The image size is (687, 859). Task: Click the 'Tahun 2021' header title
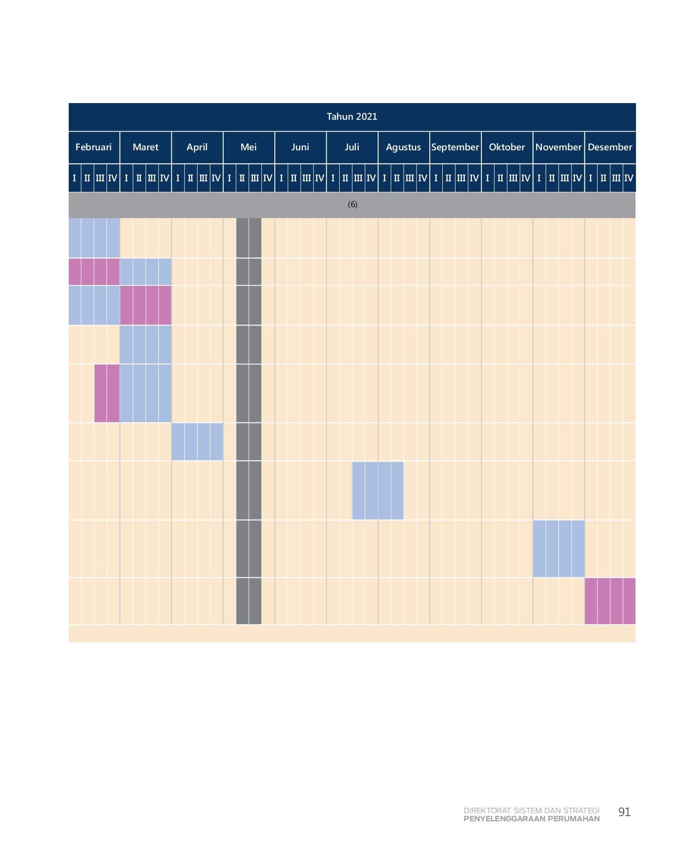pyautogui.click(x=352, y=116)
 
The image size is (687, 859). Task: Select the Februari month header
pyautogui.click(x=94, y=147)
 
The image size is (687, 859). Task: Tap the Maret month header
pyautogui.click(x=146, y=147)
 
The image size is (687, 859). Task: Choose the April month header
pyautogui.click(x=197, y=147)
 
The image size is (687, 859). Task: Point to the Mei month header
pyautogui.click(x=249, y=147)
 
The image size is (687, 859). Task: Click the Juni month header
pyautogui.click(x=300, y=147)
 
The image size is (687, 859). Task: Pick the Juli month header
pyautogui.click(x=352, y=147)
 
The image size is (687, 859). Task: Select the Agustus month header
pyautogui.click(x=404, y=147)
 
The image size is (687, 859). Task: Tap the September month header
pyautogui.click(x=455, y=147)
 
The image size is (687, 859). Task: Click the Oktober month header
pyautogui.click(x=507, y=147)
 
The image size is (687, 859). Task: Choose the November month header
pyautogui.click(x=558, y=147)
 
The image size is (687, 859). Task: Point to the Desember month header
pyautogui.click(x=610, y=147)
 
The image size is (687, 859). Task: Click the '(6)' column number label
pyautogui.click(x=352, y=205)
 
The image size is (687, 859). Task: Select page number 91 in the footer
pyautogui.click(x=624, y=812)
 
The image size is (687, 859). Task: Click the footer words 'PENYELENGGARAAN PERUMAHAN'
pyautogui.click(x=531, y=819)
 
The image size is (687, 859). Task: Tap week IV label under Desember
pyautogui.click(x=629, y=178)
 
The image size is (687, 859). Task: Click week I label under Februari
pyautogui.click(x=74, y=178)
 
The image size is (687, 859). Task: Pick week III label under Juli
pyautogui.click(x=358, y=178)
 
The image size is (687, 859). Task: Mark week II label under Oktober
pyautogui.click(x=500, y=178)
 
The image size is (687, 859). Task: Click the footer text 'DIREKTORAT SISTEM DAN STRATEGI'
pyautogui.click(x=531, y=810)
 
